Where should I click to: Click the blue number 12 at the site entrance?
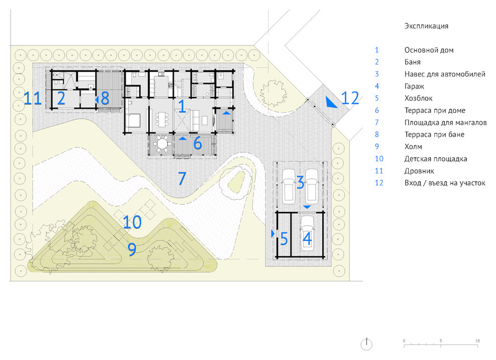[350, 98]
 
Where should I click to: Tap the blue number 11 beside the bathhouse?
[33, 98]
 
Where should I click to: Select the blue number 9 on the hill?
[132, 249]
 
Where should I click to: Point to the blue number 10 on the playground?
[132, 222]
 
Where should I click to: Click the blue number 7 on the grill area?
[182, 178]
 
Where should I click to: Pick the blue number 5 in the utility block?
[284, 239]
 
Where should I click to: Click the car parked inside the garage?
[307, 234]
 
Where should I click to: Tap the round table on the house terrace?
[163, 144]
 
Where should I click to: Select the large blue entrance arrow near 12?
[331, 103]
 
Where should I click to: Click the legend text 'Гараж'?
[414, 86]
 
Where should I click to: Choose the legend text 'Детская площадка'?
[435, 158]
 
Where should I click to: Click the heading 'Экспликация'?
[426, 26]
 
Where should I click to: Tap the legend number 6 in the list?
[377, 110]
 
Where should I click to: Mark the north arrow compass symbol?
[366, 344]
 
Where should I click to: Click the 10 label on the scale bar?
[477, 340]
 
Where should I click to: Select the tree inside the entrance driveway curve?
[274, 93]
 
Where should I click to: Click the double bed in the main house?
[133, 121]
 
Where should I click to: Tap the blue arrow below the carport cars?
[307, 207]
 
